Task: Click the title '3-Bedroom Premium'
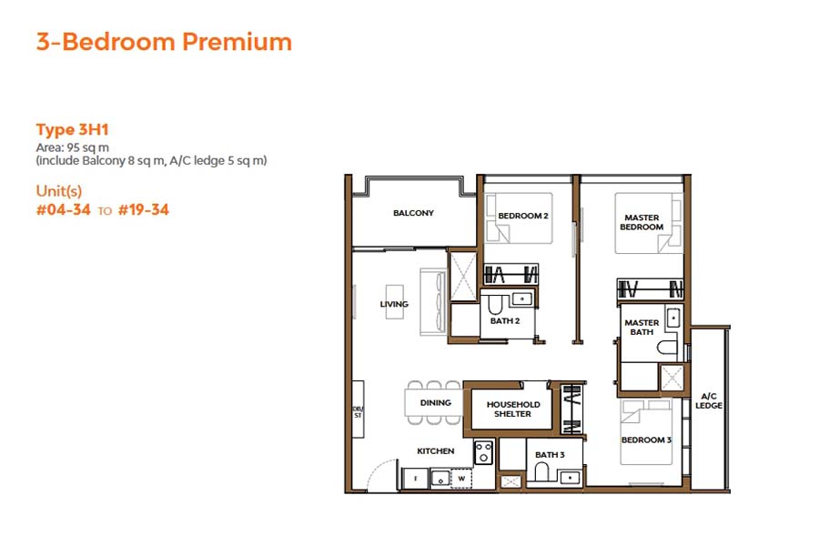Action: pos(164,42)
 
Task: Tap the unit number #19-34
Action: pos(143,210)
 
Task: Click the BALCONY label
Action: pos(413,214)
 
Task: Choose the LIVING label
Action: pos(394,304)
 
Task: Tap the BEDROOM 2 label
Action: pos(522,216)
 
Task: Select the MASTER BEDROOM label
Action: pos(642,222)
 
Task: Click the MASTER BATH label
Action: pos(642,327)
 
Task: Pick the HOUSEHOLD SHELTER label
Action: pos(513,409)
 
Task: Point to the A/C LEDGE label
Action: pos(710,400)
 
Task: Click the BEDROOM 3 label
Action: pos(645,440)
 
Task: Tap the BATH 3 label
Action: pos(550,454)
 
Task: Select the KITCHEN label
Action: pos(436,451)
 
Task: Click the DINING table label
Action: pos(436,402)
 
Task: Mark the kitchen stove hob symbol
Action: pos(483,452)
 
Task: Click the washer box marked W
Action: pos(461,477)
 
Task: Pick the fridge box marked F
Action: pos(414,477)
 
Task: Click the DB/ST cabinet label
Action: pos(358,411)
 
